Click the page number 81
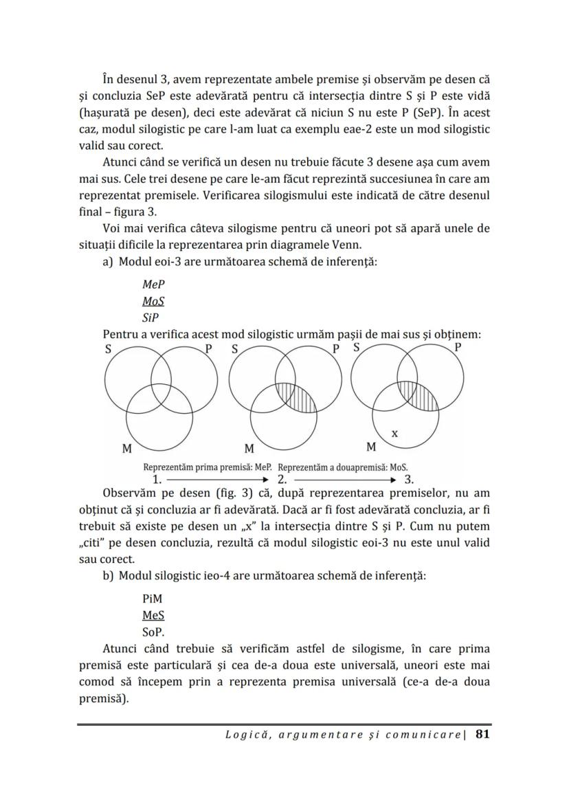[x=482, y=735]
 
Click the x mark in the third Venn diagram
[x=394, y=434]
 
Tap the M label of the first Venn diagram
[x=126, y=449]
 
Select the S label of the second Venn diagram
[x=235, y=348]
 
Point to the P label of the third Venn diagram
[x=458, y=348]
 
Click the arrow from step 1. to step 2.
[x=217, y=479]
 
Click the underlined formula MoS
[x=153, y=302]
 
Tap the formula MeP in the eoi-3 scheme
[x=153, y=285]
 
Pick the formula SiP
[x=150, y=319]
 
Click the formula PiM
[x=153, y=599]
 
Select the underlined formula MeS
[x=153, y=616]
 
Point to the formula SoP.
[x=153, y=633]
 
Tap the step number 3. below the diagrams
[x=408, y=479]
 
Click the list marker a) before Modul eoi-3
[x=108, y=262]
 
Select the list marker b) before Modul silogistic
[x=108, y=576]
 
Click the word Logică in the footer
[x=246, y=735]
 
